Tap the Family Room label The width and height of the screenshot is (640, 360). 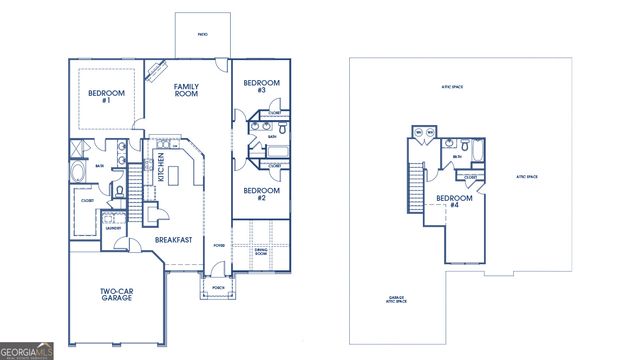pos(186,91)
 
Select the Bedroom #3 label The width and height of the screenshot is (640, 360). pos(261,86)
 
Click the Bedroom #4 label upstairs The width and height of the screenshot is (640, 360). pos(454,201)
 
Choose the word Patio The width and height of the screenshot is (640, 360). pos(202,32)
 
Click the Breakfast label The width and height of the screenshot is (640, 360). pos(174,240)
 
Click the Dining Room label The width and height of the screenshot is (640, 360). pos(260,253)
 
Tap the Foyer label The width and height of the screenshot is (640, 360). pos(218,243)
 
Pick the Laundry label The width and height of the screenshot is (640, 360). pos(113,227)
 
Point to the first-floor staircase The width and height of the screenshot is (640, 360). pos(134,185)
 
